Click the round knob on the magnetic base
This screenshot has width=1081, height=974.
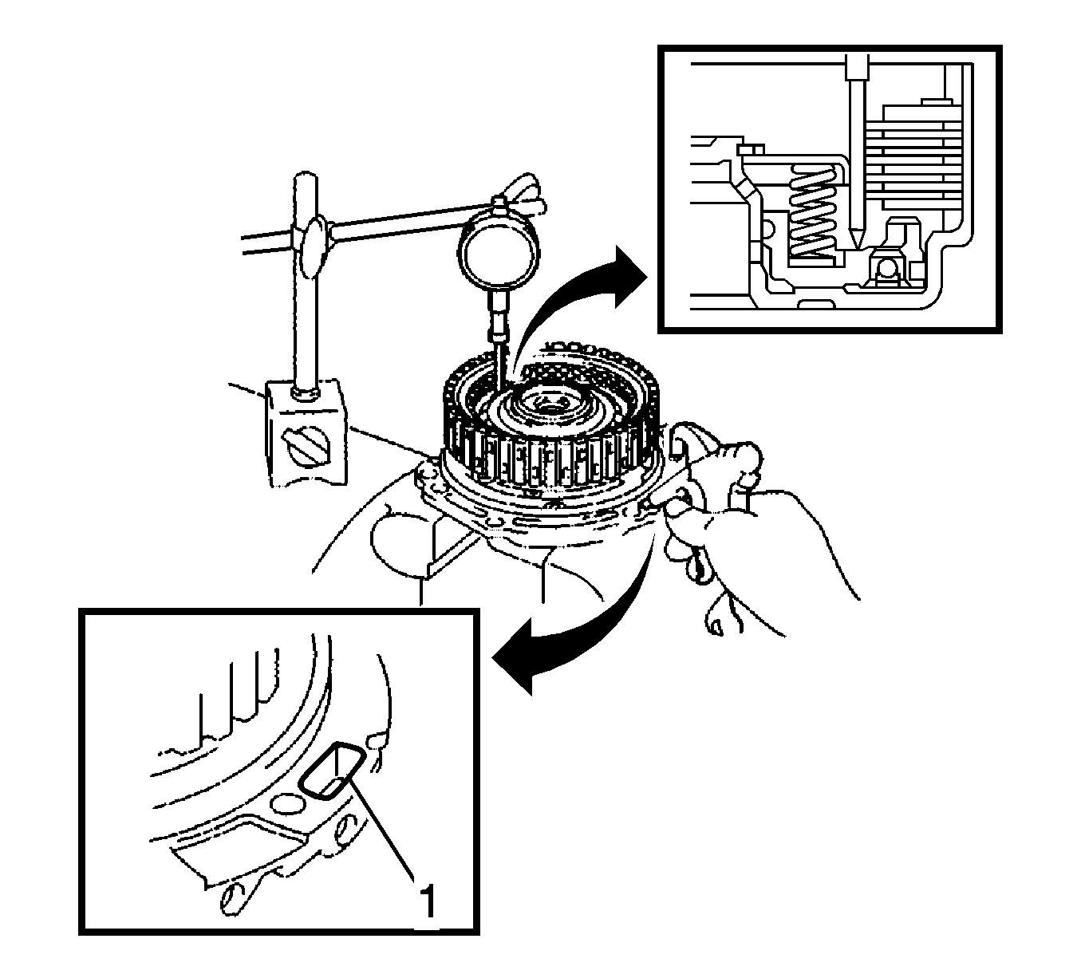pos(306,448)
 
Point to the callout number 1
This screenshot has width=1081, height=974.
pos(428,899)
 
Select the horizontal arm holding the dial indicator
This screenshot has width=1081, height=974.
pos(377,228)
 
